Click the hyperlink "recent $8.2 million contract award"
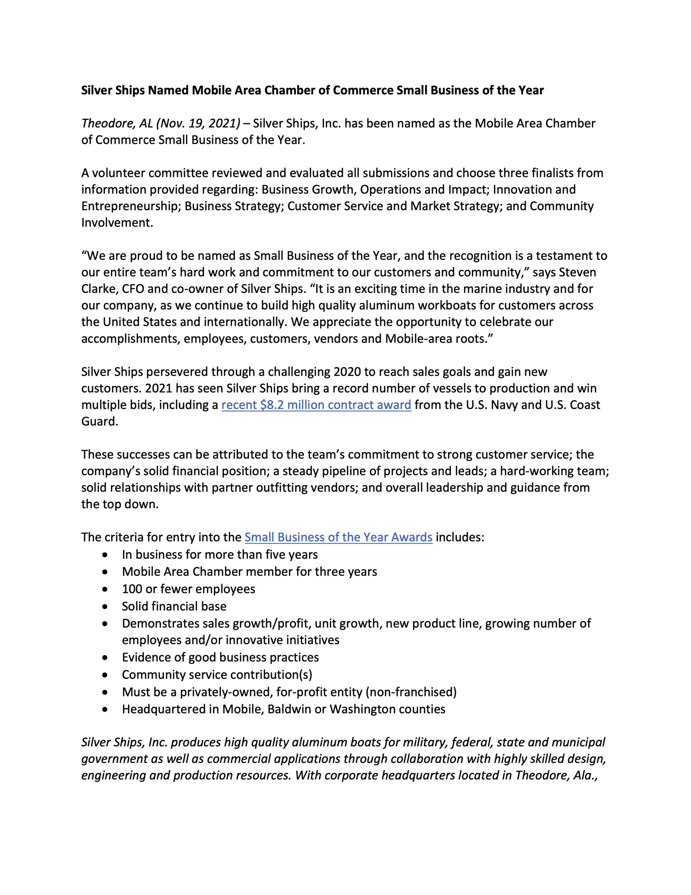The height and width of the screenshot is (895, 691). pyautogui.click(x=316, y=405)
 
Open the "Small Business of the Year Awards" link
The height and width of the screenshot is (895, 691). pyautogui.click(x=338, y=537)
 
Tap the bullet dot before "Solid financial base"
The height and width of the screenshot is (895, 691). pyautogui.click(x=106, y=607)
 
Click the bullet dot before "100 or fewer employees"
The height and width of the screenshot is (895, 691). pyautogui.click(x=106, y=589)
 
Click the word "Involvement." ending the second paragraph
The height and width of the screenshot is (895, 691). pyautogui.click(x=117, y=223)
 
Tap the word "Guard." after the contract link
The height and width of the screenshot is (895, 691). pyautogui.click(x=100, y=422)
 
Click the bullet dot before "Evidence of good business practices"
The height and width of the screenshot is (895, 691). pyautogui.click(x=106, y=658)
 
